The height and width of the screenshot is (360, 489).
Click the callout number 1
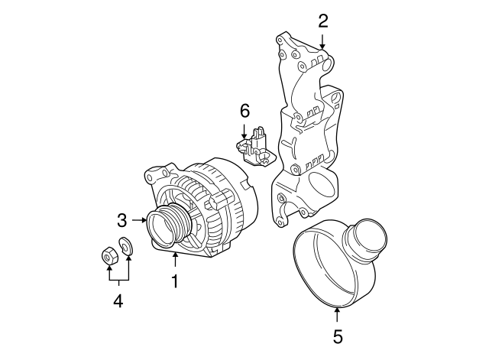click(175, 282)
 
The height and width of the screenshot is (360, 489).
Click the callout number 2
click(323, 21)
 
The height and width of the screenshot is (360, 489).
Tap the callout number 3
click(121, 221)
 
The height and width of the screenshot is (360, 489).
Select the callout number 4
click(118, 301)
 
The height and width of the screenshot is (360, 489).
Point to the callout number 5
click(337, 335)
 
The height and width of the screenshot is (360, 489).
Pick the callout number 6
click(244, 111)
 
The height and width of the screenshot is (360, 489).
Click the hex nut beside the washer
click(108, 255)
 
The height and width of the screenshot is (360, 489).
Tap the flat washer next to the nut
click(127, 246)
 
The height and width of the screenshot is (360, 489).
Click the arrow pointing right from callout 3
click(139, 221)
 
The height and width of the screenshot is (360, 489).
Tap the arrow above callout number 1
click(175, 260)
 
